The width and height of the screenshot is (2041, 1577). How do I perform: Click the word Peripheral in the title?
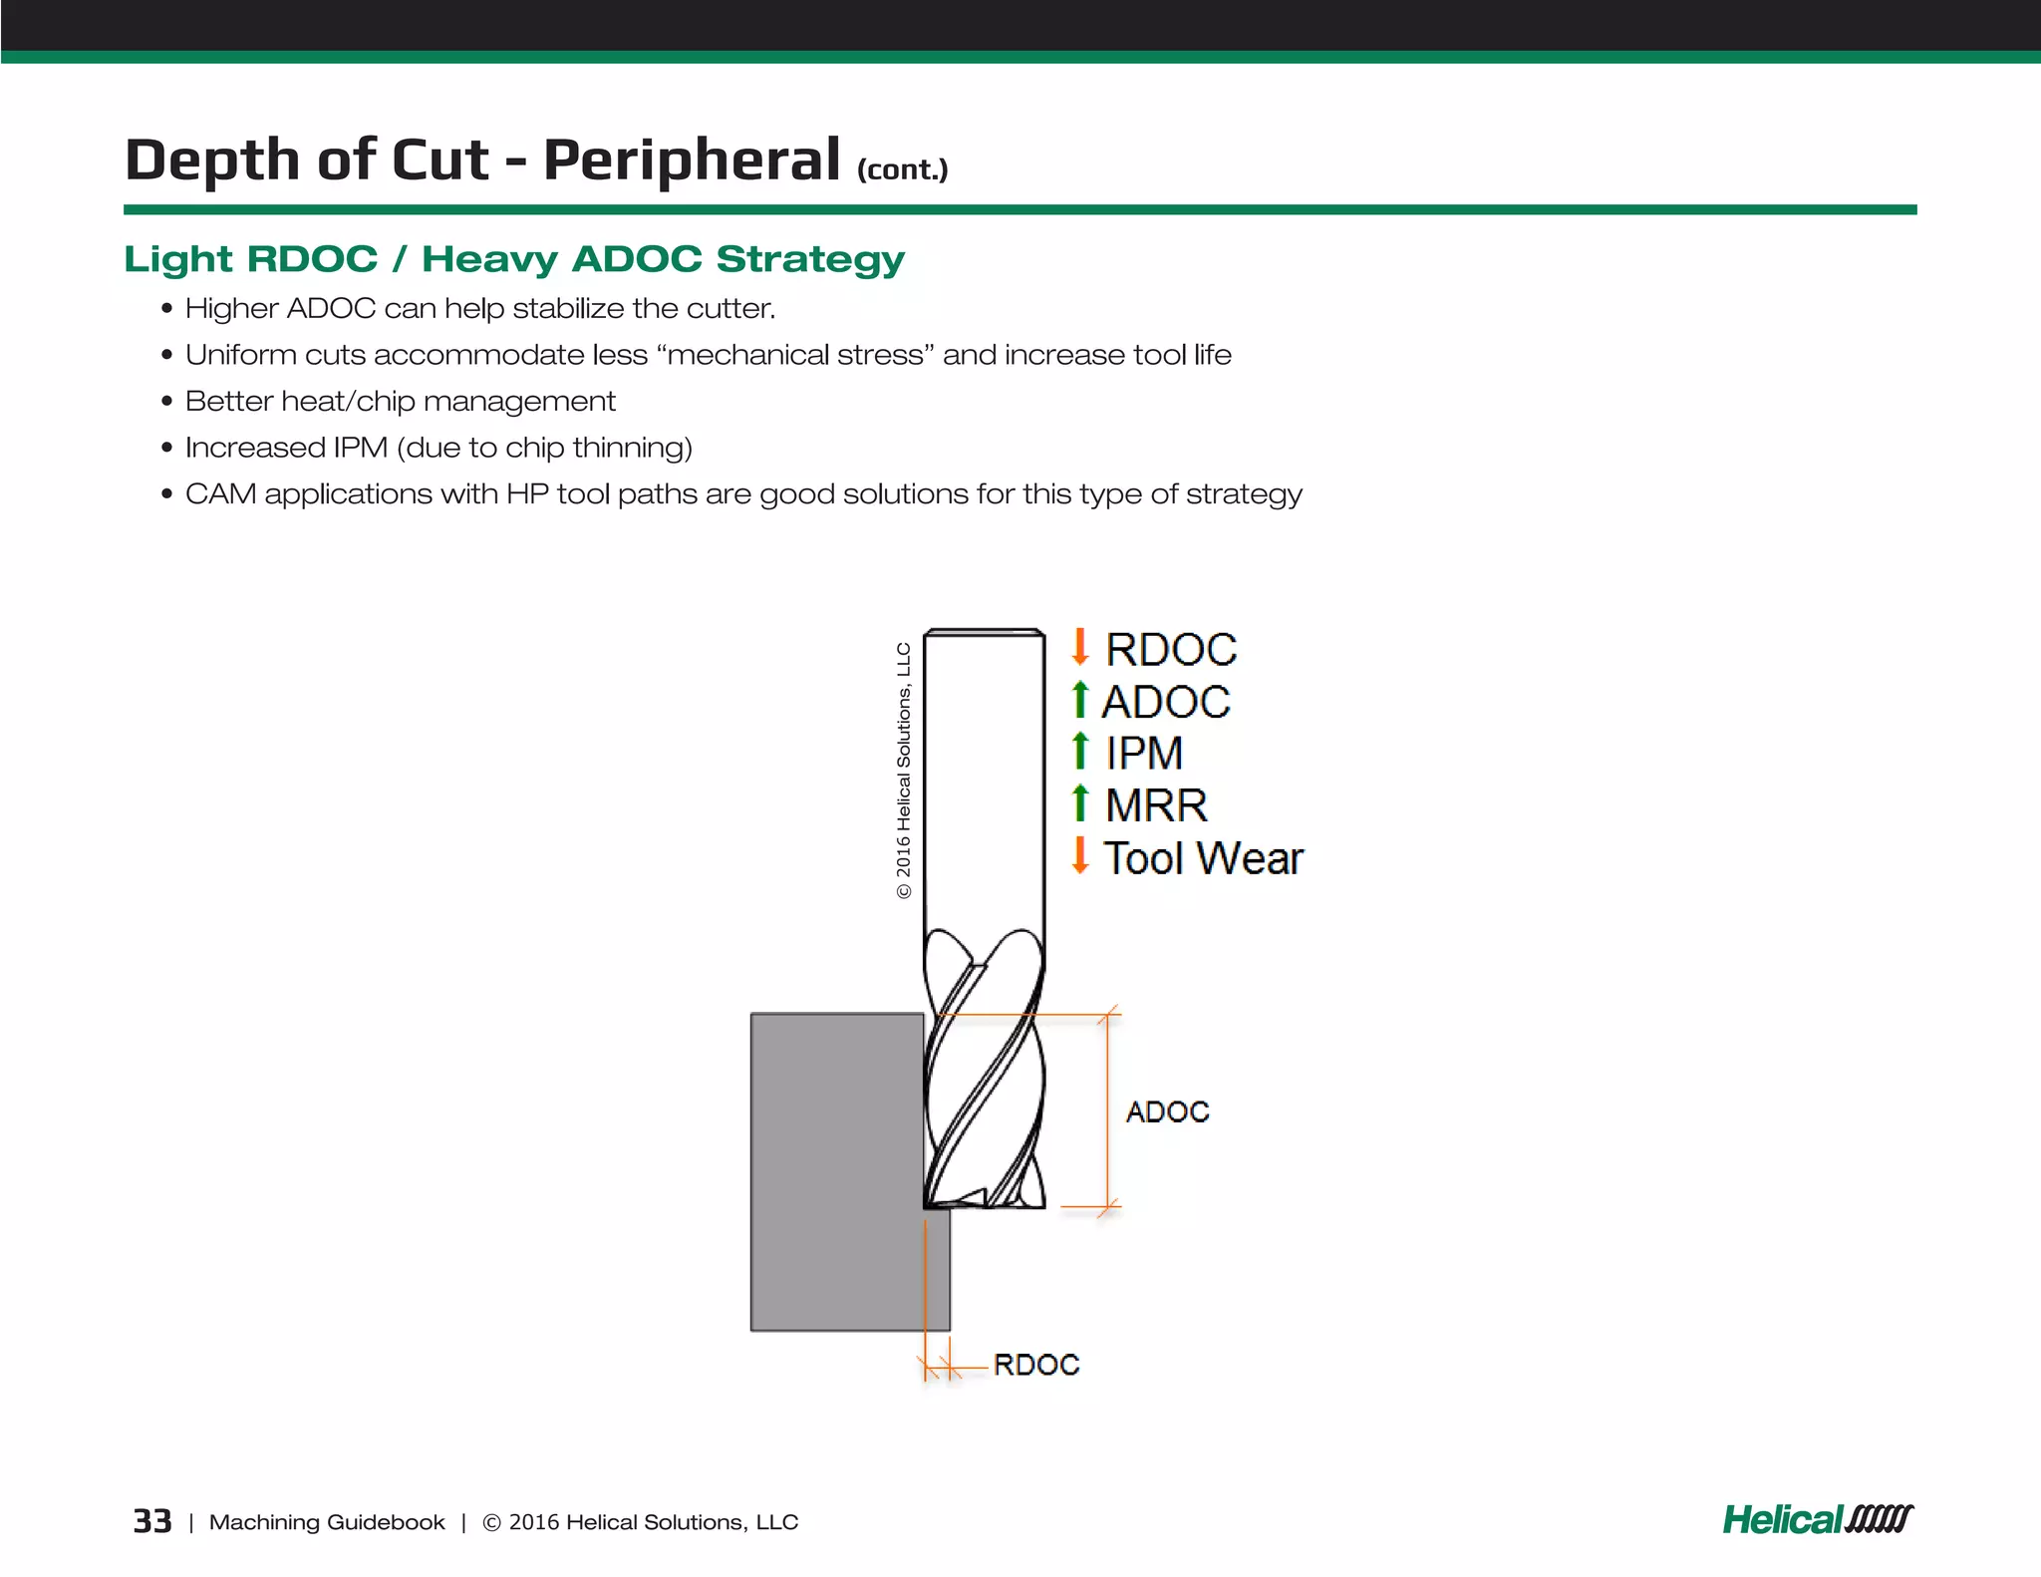pyautogui.click(x=692, y=160)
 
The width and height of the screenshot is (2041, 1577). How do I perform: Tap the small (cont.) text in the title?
pyautogui.click(x=902, y=170)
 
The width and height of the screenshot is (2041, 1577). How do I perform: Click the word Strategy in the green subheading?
pyautogui.click(x=809, y=259)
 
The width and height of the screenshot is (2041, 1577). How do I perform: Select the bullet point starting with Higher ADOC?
pyautogui.click(x=479, y=309)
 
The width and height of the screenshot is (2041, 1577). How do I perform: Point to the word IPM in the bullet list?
pyautogui.click(x=360, y=448)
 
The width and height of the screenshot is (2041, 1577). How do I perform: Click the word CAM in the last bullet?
pyautogui.click(x=220, y=494)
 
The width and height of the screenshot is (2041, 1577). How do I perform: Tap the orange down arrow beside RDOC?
pyautogui.click(x=1079, y=647)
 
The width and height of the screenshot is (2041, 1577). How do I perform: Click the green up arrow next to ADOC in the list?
pyautogui.click(x=1079, y=700)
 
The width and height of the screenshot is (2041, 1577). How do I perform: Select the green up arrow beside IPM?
pyautogui.click(x=1079, y=751)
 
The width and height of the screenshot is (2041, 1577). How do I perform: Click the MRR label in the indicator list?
pyautogui.click(x=1156, y=805)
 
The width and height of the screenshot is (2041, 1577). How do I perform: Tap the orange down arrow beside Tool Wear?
pyautogui.click(x=1079, y=855)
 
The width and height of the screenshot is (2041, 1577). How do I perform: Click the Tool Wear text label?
pyautogui.click(x=1203, y=858)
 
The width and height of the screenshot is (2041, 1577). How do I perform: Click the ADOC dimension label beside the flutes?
pyautogui.click(x=1167, y=1111)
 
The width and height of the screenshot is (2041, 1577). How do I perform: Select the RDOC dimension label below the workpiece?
pyautogui.click(x=1036, y=1365)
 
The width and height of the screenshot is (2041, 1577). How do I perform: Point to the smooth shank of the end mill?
pyautogui.click(x=984, y=778)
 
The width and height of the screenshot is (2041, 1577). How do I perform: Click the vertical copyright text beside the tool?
pyautogui.click(x=904, y=771)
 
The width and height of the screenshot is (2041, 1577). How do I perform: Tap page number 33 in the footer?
pyautogui.click(x=152, y=1521)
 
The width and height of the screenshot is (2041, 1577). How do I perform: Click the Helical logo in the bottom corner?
pyautogui.click(x=1817, y=1520)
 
